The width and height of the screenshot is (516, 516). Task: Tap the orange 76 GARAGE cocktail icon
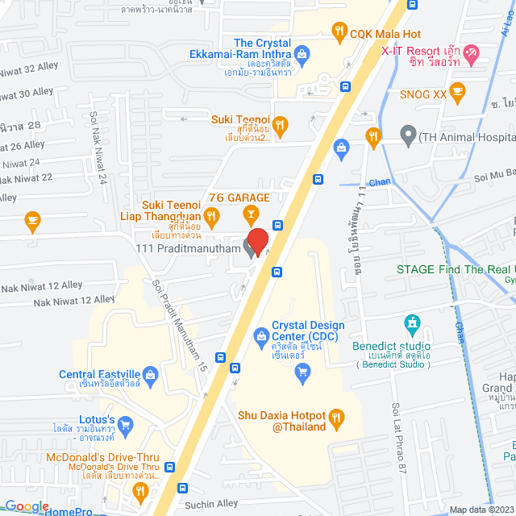(251, 213)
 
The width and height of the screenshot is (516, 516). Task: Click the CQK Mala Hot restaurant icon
(339, 34)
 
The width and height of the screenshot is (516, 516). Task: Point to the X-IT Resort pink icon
(472, 52)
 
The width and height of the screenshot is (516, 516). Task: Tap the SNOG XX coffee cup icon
(458, 90)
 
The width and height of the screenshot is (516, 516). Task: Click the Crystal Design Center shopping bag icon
(261, 335)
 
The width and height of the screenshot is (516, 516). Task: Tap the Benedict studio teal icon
(414, 324)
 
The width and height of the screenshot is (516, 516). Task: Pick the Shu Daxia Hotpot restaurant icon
(339, 416)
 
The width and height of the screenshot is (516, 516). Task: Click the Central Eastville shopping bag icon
(150, 374)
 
